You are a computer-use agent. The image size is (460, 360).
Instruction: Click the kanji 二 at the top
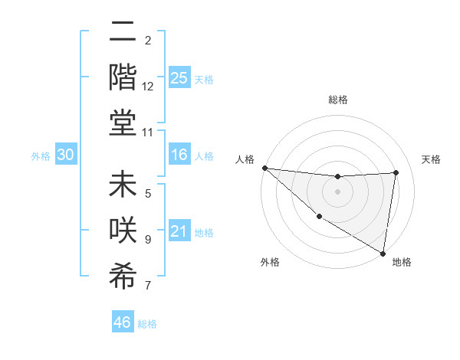tap(123, 32)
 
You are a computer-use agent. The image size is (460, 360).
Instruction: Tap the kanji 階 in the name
tap(123, 77)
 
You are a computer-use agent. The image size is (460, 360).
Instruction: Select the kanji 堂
tap(123, 122)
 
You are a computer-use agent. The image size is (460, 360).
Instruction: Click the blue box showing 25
tap(179, 78)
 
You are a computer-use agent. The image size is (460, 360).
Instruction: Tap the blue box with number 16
tap(179, 155)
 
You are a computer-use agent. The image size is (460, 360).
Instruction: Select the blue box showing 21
tap(179, 232)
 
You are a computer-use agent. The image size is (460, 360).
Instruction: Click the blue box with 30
tap(66, 155)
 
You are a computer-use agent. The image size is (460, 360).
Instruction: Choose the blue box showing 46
tap(123, 322)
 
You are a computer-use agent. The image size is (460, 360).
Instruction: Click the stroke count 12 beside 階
tap(148, 87)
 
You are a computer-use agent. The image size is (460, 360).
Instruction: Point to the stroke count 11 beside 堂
tap(148, 133)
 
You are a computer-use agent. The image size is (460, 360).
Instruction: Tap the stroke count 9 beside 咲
tap(148, 240)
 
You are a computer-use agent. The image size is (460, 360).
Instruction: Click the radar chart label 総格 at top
tap(337, 100)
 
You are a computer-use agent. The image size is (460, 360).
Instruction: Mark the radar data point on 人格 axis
tap(264, 168)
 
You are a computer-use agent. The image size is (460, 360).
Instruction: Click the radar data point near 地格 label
tap(383, 252)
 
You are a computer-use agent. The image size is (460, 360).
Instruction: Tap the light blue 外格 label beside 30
tap(41, 156)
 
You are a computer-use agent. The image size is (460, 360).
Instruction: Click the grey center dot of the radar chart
tap(337, 191)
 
